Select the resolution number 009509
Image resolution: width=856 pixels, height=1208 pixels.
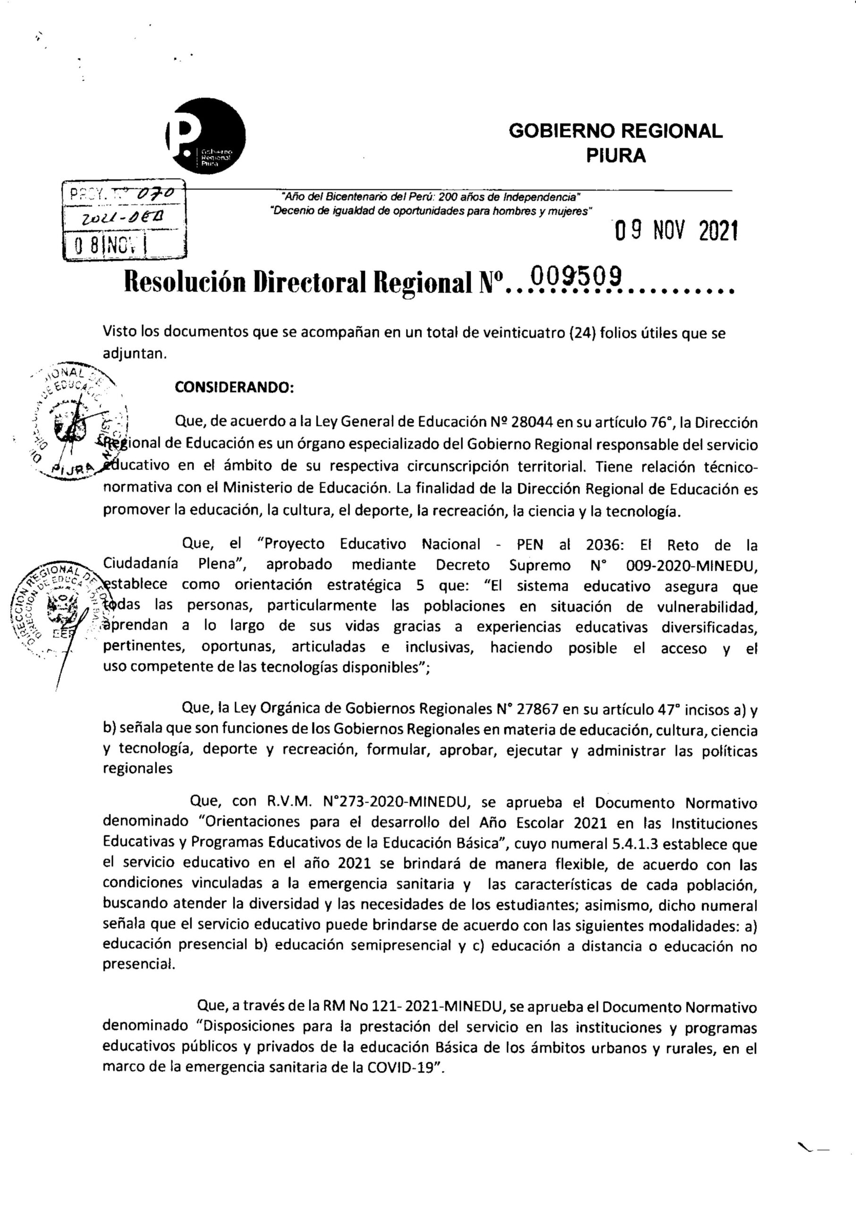[x=576, y=277]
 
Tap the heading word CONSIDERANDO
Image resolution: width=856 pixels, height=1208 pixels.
[x=234, y=388]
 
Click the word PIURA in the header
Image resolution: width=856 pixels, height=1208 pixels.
[x=616, y=156]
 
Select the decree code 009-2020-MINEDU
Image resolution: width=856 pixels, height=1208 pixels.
[x=692, y=565]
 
